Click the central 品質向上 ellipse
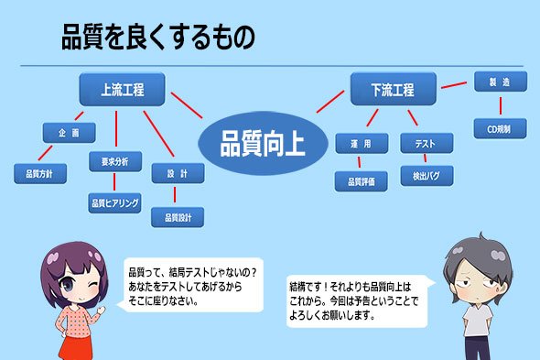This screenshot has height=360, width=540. [x=263, y=143]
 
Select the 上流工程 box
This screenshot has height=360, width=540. [x=122, y=89]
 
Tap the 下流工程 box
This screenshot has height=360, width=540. [x=393, y=89]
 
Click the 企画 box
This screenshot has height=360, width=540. [x=69, y=133]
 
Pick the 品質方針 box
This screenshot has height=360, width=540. [x=40, y=173]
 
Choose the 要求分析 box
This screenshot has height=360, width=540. [x=115, y=161]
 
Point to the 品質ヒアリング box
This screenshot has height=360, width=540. [x=114, y=202]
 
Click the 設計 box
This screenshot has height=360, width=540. [x=178, y=173]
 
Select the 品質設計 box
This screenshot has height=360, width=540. [x=178, y=217]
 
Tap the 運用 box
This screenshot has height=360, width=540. [x=362, y=143]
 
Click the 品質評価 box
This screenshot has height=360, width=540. [x=361, y=181]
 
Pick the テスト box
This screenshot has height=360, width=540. [x=427, y=143]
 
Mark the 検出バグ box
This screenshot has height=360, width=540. [x=427, y=176]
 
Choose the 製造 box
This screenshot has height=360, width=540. [x=501, y=82]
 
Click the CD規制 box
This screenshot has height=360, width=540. [x=500, y=128]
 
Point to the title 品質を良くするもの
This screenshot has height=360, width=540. [x=158, y=37]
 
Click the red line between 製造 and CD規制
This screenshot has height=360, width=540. [x=501, y=105]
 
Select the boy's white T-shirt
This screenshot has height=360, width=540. [x=478, y=320]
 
